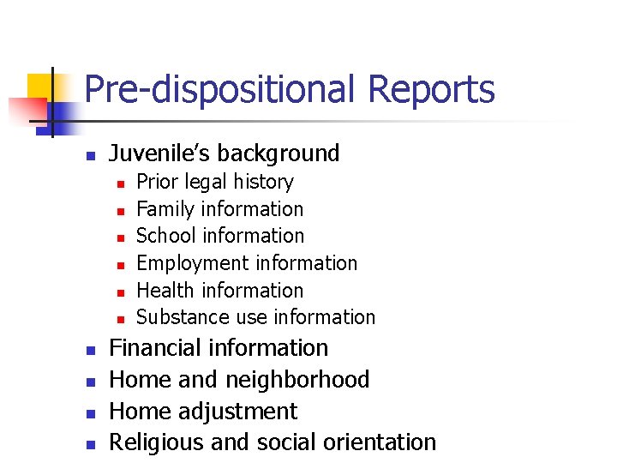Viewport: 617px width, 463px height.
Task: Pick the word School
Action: (165, 236)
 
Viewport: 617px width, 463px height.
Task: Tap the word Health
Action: (165, 291)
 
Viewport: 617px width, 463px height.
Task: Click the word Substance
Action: (177, 317)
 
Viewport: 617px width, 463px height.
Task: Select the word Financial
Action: (162, 348)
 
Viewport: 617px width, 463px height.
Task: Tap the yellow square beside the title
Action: (40, 87)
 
